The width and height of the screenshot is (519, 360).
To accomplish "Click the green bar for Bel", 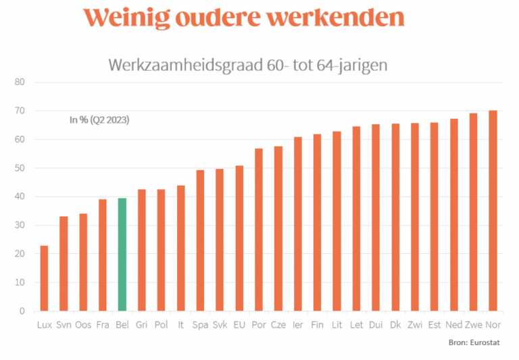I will (x=122, y=255).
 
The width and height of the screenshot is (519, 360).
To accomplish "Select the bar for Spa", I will (x=200, y=240).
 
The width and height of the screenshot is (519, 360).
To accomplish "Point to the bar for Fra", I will (x=103, y=255).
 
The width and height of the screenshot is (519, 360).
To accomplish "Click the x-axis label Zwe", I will (x=473, y=326).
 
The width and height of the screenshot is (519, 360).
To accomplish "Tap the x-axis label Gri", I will (x=142, y=326).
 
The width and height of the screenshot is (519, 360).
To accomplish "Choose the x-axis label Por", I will (x=259, y=326).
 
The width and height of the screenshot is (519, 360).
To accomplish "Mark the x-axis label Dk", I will (x=395, y=326).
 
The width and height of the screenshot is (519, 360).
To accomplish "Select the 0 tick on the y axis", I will (x=22, y=311).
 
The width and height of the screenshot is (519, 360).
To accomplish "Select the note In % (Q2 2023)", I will (x=99, y=120).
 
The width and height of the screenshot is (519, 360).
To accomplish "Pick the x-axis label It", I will (x=180, y=326).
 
